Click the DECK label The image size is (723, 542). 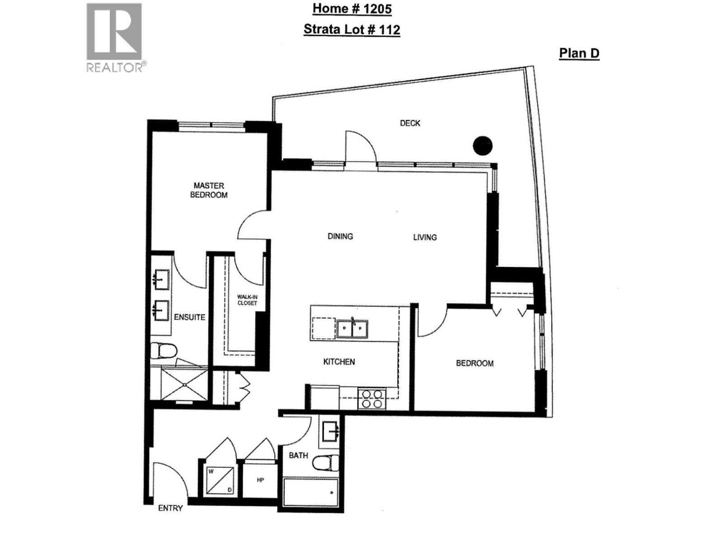point(410,123)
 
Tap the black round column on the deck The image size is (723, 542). point(482,145)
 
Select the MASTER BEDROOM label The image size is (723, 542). point(209,190)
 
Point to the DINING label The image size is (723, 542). point(340,236)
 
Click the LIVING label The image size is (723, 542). point(425,237)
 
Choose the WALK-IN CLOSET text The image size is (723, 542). point(247,300)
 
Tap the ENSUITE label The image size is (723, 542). point(189,317)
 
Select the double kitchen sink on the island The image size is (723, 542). point(352,328)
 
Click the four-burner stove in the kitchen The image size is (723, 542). point(372,398)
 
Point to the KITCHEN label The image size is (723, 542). point(339,362)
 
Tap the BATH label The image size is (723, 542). point(298,455)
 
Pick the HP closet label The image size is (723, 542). point(260,480)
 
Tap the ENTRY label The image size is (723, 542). point(170,508)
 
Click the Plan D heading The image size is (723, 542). point(579,53)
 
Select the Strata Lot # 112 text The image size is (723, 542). point(352,30)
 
